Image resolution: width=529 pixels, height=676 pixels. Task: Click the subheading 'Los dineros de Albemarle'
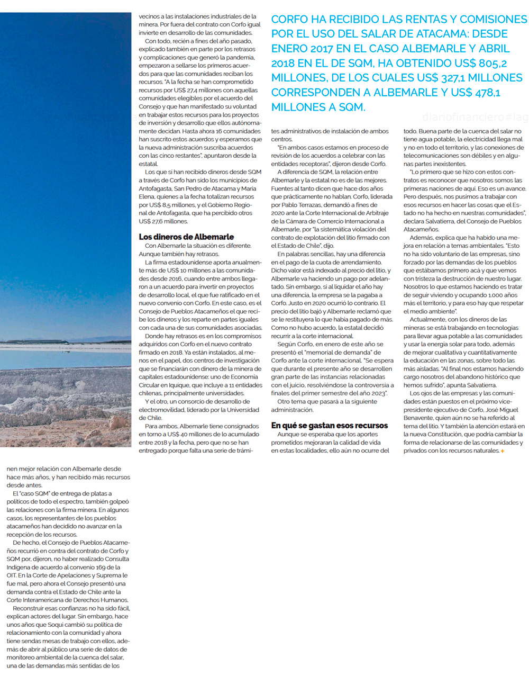pos(186,237)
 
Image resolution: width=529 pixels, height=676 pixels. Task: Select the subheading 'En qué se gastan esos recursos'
pos(329,425)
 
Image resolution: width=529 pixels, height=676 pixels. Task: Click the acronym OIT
pos(12,575)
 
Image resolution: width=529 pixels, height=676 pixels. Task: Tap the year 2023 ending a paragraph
pos(380,393)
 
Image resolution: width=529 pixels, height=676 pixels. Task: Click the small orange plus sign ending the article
pos(502,451)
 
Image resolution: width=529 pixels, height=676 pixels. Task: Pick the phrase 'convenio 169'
pos(98,567)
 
